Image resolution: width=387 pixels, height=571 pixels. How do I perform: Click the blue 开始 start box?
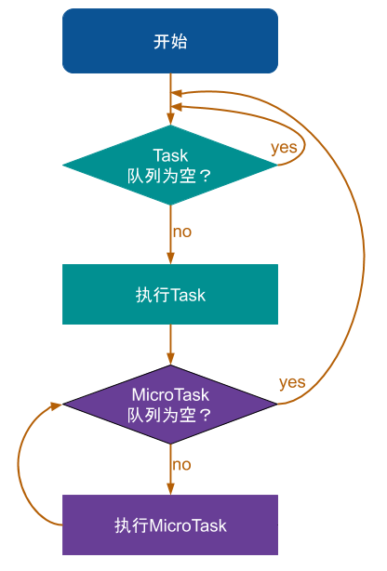click(x=170, y=41)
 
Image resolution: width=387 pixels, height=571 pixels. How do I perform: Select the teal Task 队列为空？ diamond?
click(x=170, y=165)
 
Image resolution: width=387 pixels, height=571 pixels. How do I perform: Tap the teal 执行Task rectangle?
click(x=170, y=294)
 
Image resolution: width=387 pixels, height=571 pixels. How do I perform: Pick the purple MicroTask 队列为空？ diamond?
click(x=170, y=405)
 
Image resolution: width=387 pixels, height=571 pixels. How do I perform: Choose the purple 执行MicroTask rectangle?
click(x=170, y=525)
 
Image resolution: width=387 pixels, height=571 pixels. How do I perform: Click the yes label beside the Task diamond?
click(x=284, y=148)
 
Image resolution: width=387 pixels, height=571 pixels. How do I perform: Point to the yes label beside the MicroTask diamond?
click(x=292, y=383)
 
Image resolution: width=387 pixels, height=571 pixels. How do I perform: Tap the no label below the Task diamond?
click(x=182, y=232)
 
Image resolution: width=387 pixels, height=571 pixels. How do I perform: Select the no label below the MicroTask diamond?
click(x=181, y=465)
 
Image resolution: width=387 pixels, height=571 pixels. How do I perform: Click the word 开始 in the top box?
click(x=170, y=42)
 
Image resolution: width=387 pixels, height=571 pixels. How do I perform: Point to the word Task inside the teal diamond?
click(x=170, y=155)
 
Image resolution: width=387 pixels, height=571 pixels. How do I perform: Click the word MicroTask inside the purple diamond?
click(x=170, y=394)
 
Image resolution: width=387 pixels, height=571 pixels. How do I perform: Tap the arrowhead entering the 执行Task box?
click(x=170, y=259)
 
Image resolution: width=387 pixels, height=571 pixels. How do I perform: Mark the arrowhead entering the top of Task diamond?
click(x=170, y=119)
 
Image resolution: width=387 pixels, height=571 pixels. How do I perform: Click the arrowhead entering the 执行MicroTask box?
click(x=170, y=489)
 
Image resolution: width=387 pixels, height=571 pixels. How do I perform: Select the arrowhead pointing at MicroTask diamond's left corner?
click(x=57, y=405)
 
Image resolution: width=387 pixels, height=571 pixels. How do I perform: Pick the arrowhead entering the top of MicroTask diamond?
click(x=170, y=359)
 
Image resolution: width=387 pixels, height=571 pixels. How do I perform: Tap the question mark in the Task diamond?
click(x=206, y=177)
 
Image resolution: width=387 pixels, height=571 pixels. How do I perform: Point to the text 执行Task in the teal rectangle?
click(x=170, y=295)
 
